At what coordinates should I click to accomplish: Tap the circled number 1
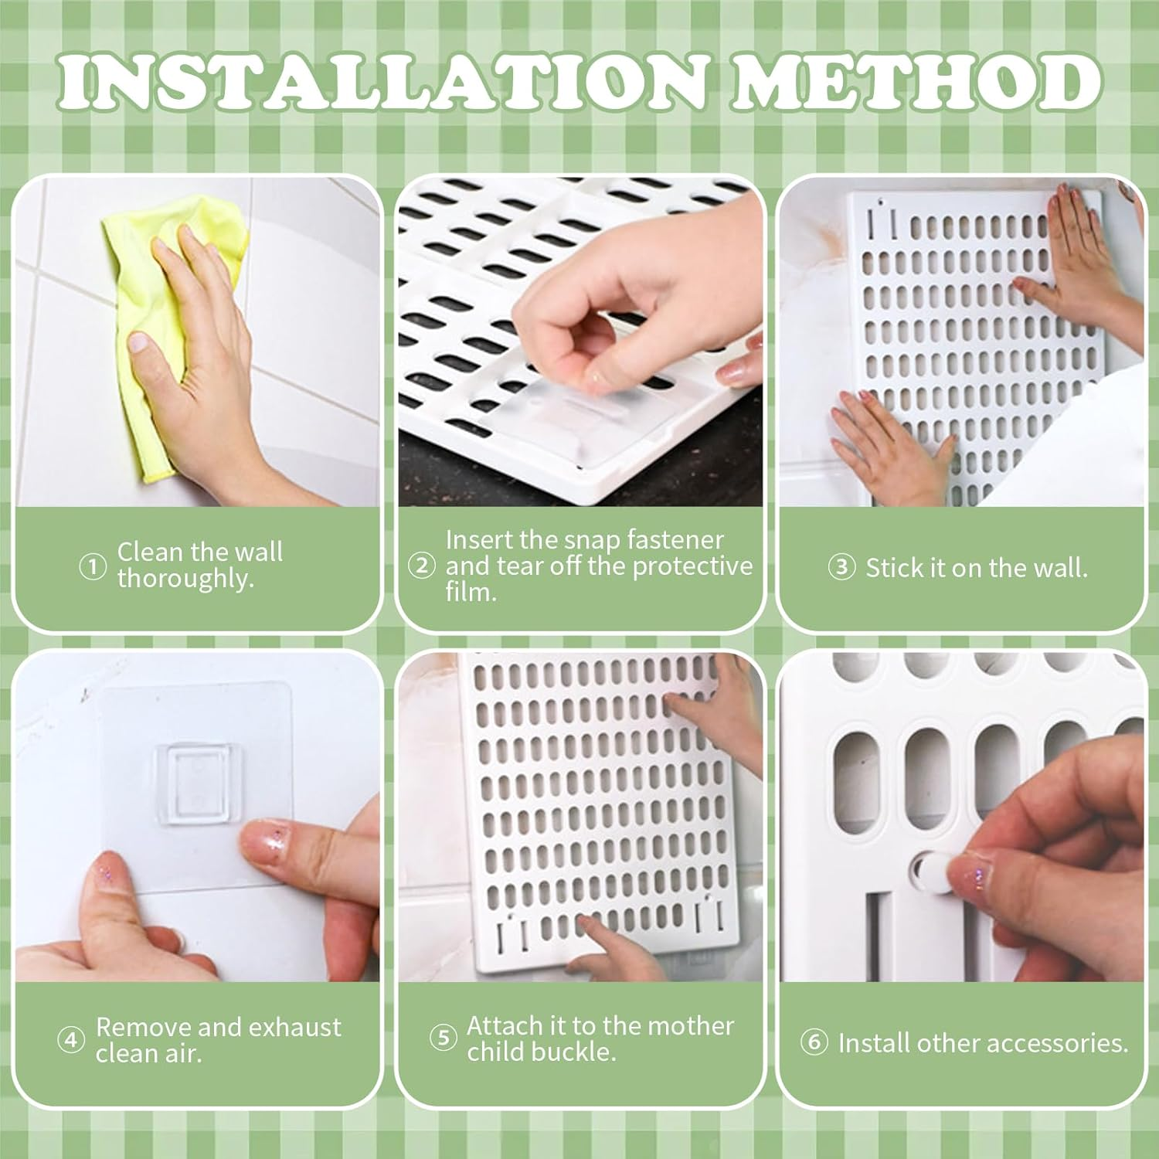(93, 567)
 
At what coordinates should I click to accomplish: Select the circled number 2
(421, 566)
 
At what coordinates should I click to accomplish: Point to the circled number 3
(841, 568)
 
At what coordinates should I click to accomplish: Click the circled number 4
(71, 1040)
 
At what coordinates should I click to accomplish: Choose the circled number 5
(443, 1038)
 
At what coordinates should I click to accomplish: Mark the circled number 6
(813, 1043)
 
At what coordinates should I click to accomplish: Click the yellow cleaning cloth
(155, 325)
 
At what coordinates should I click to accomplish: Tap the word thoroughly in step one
(185, 579)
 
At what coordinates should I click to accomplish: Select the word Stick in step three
(893, 568)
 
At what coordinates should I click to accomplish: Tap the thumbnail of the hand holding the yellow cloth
(141, 342)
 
